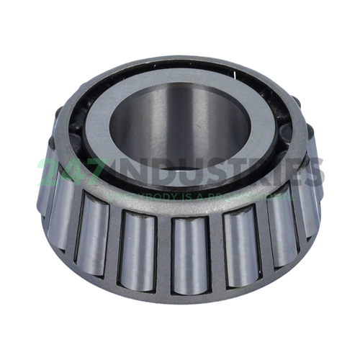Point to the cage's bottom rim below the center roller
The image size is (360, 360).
[189, 294]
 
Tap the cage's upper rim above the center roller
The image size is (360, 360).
[189, 210]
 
